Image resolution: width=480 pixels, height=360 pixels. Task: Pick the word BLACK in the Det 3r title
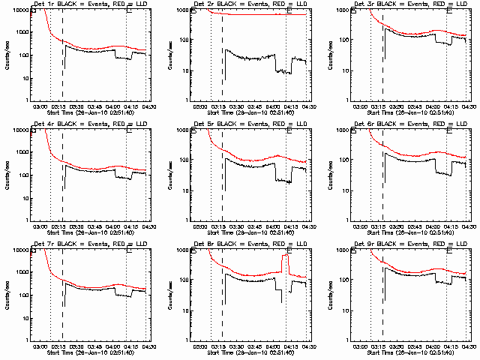[x=388, y=5]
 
